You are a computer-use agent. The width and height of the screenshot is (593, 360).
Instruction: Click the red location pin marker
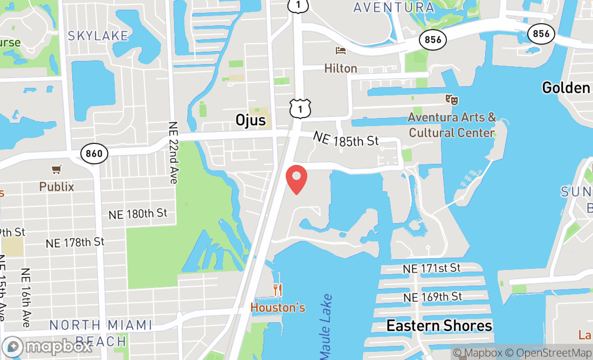pos(296,179)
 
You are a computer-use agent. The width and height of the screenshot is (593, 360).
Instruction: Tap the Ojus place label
pos(251,120)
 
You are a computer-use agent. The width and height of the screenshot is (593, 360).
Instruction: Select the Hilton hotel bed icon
pos(341,51)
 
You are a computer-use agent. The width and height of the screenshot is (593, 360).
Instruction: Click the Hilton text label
pos(341,68)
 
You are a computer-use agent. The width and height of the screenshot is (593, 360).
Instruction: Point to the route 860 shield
pos(93,154)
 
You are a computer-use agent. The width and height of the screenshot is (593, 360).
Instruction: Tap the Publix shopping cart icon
pos(56,170)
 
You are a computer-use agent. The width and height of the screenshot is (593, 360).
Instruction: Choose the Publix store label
pos(57,187)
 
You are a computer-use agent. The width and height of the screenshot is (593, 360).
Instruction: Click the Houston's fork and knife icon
pos(278,290)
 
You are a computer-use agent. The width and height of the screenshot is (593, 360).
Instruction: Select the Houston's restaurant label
pos(278,308)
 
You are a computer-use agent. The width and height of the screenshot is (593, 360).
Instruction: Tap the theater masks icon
pos(451,99)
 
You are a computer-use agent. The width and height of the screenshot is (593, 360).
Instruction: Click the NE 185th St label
pos(346,140)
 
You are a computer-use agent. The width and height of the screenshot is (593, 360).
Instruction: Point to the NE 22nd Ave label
pos(173,151)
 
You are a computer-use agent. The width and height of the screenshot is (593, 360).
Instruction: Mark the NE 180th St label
pos(138,214)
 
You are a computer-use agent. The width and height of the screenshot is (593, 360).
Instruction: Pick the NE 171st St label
pos(432,268)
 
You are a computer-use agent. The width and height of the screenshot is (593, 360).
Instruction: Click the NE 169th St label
pos(433,297)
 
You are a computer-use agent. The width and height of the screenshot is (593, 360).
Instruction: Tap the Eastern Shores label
pos(439,326)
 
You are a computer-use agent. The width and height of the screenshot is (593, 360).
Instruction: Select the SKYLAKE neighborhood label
pos(98,36)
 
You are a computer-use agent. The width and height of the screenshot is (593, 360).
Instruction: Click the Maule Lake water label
pos(326,327)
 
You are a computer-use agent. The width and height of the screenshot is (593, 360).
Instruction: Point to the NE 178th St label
pos(75,243)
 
